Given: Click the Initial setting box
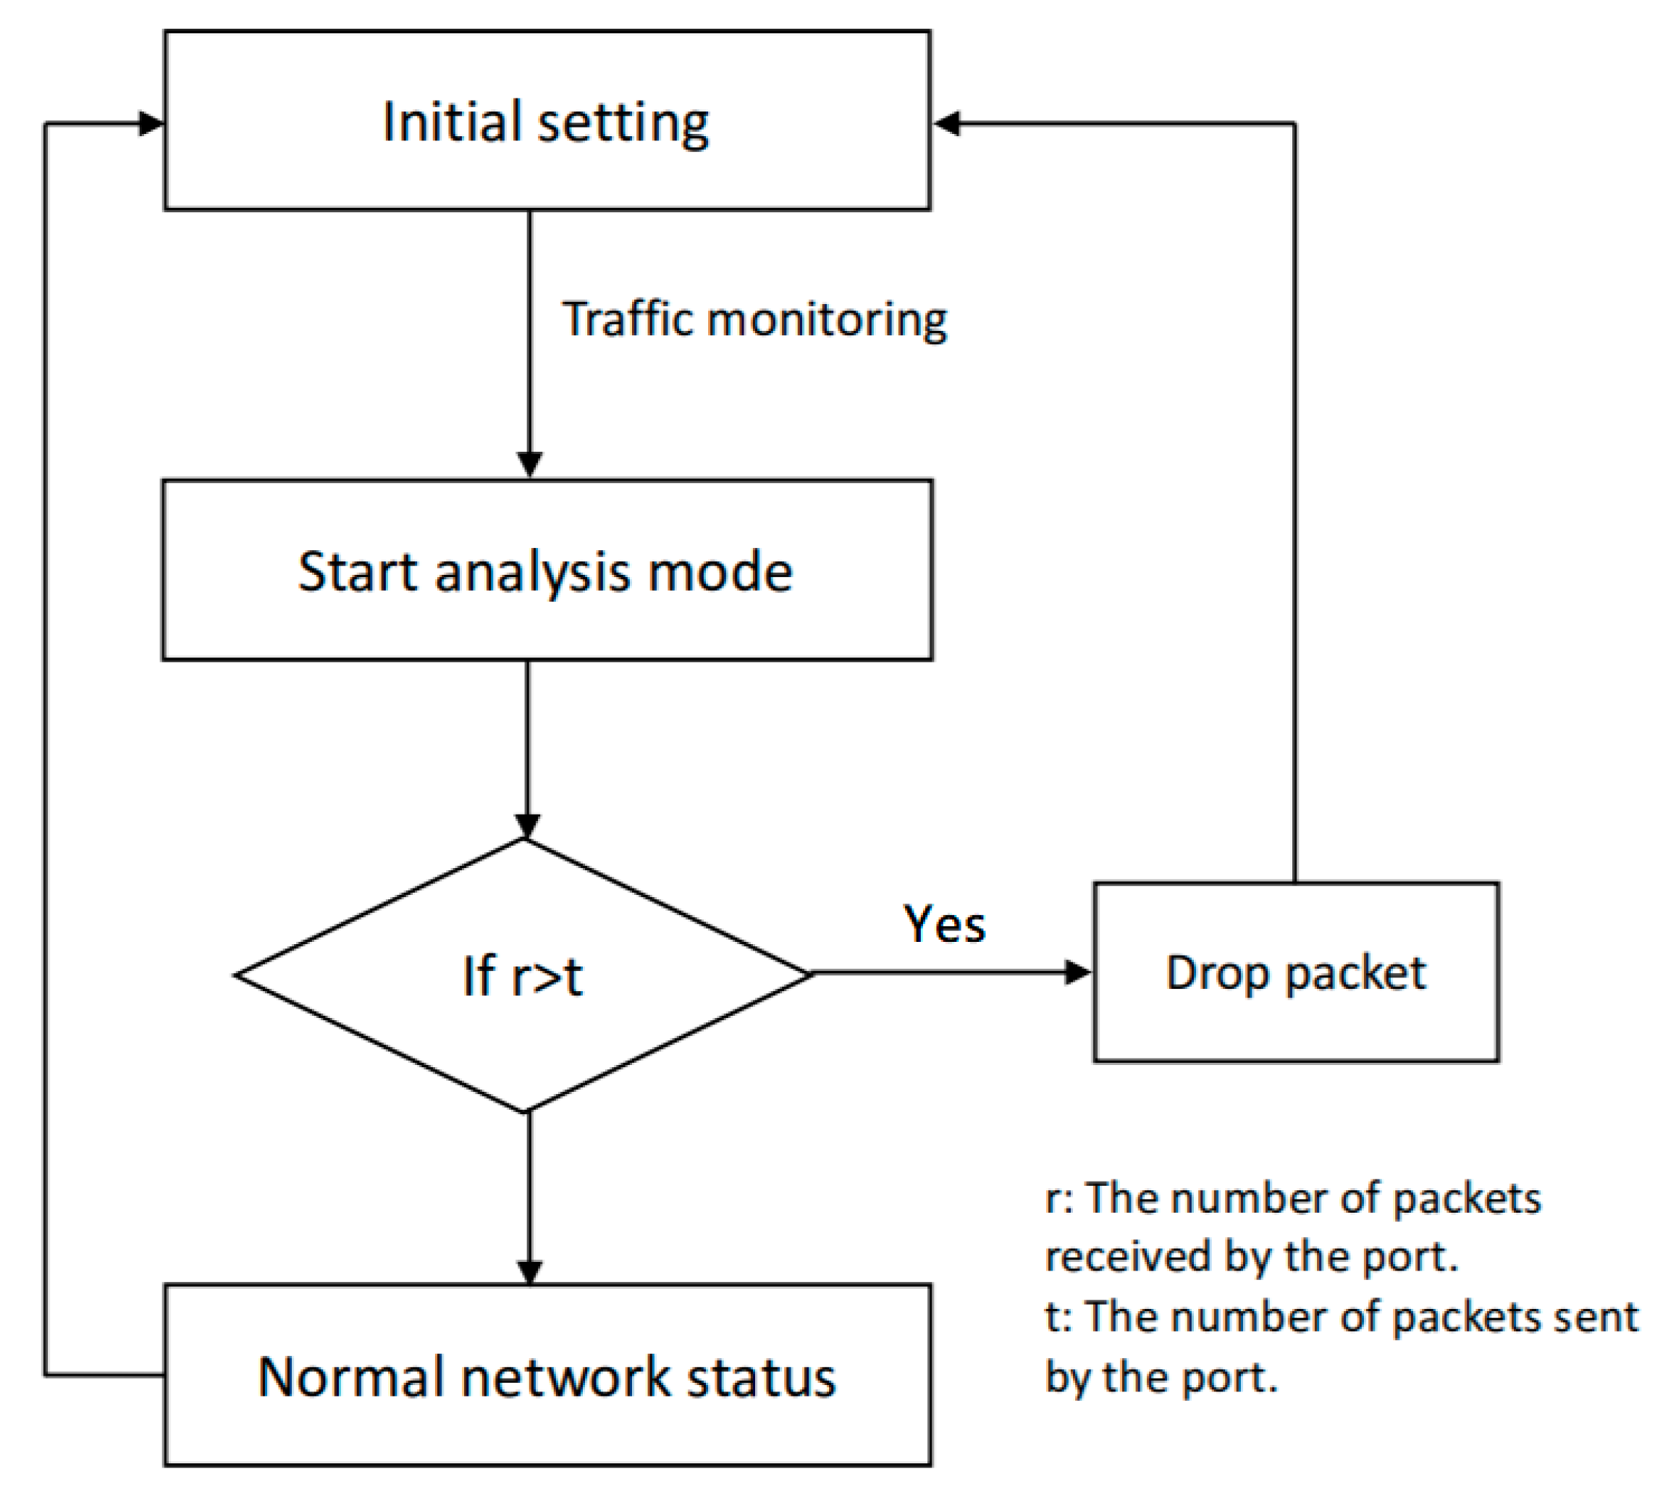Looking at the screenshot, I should click(x=547, y=120).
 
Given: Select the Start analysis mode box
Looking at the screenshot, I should click(x=547, y=570).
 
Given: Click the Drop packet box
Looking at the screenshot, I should click(x=1295, y=972).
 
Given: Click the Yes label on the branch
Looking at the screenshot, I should click(x=943, y=925).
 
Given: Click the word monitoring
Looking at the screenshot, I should click(x=827, y=319).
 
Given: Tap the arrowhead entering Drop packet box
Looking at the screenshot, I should click(x=1077, y=972).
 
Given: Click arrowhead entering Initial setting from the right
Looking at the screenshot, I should click(x=946, y=124).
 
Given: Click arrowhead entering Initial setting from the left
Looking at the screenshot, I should click(x=151, y=124).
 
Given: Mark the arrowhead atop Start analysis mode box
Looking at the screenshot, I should click(x=530, y=463).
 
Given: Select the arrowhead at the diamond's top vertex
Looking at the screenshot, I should click(x=526, y=825).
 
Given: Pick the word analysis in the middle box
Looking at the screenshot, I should click(x=533, y=571).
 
